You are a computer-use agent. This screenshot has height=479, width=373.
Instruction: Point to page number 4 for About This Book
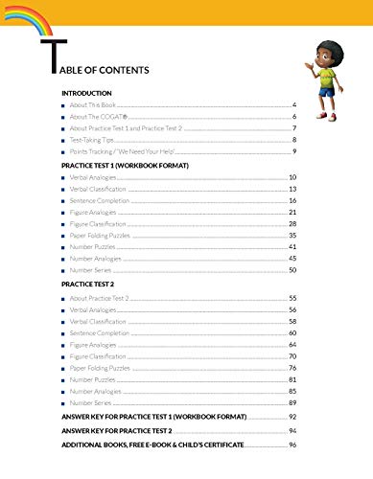click(x=294, y=103)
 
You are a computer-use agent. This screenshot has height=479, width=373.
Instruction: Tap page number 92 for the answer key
click(x=292, y=419)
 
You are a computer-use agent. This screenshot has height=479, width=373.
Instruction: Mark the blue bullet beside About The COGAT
click(x=64, y=116)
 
